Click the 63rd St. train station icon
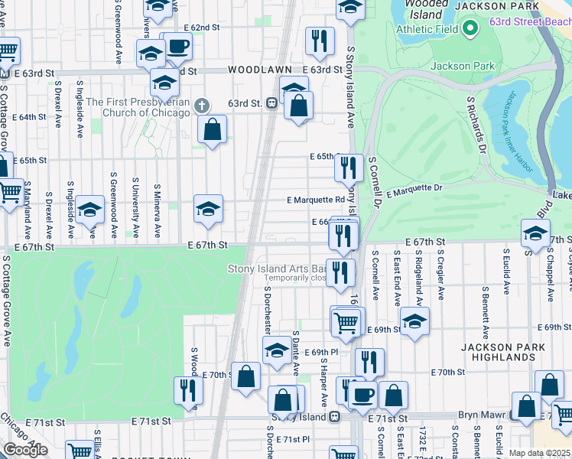[x=271, y=103]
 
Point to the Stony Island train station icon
[x=334, y=417]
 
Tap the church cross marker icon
[x=201, y=105]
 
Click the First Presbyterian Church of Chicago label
[x=138, y=107]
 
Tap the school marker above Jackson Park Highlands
[x=414, y=322]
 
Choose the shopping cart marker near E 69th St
[x=347, y=322]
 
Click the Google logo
[x=25, y=450]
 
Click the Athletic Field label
[x=427, y=29]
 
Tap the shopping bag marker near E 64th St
[x=213, y=129]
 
